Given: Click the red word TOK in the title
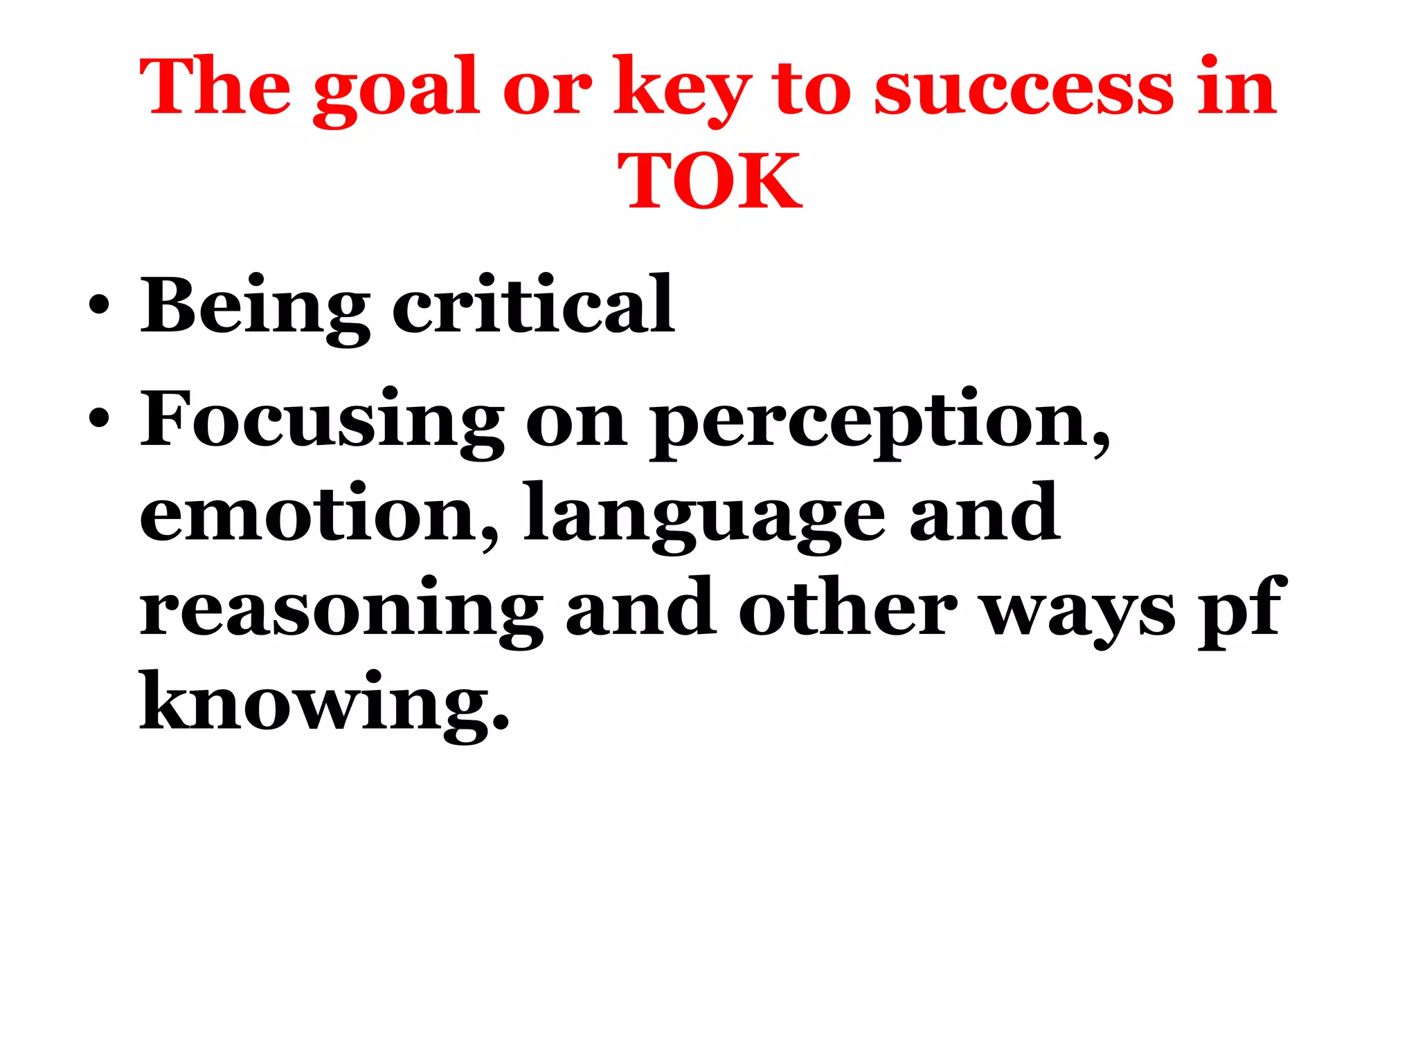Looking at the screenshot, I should (710, 181).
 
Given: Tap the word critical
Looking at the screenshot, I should (533, 305).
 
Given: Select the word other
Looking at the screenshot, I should (847, 608).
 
